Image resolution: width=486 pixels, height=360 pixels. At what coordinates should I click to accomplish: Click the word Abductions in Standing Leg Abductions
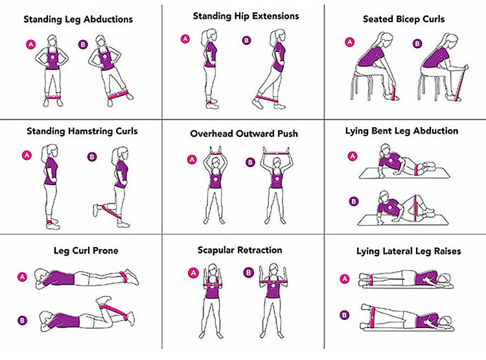point(108,19)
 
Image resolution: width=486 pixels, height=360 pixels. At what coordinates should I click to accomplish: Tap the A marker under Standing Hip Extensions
point(185,39)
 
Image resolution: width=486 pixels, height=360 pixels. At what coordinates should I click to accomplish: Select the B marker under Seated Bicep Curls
point(417,43)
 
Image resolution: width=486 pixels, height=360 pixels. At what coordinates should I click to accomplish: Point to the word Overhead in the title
point(212,134)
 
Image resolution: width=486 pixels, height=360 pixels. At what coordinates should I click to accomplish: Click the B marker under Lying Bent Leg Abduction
point(353,202)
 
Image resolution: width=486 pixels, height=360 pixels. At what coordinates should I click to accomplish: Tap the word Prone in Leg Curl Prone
point(106,250)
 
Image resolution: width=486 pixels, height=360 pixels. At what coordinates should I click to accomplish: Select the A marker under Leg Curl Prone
point(22,277)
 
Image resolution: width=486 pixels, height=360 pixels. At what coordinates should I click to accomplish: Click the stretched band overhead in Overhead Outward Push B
point(276,152)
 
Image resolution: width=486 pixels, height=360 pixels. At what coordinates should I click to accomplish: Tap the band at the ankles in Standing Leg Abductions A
point(53,97)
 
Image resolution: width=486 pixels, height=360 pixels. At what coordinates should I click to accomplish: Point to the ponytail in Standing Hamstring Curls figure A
point(44,152)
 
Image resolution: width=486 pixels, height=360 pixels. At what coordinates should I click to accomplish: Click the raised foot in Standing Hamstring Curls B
point(96,210)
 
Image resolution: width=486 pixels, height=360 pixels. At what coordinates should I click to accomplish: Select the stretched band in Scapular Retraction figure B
point(273,282)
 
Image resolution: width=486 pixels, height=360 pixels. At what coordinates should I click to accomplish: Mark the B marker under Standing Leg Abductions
point(83,44)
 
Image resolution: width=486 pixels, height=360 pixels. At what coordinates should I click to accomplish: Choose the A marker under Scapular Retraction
point(193,273)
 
